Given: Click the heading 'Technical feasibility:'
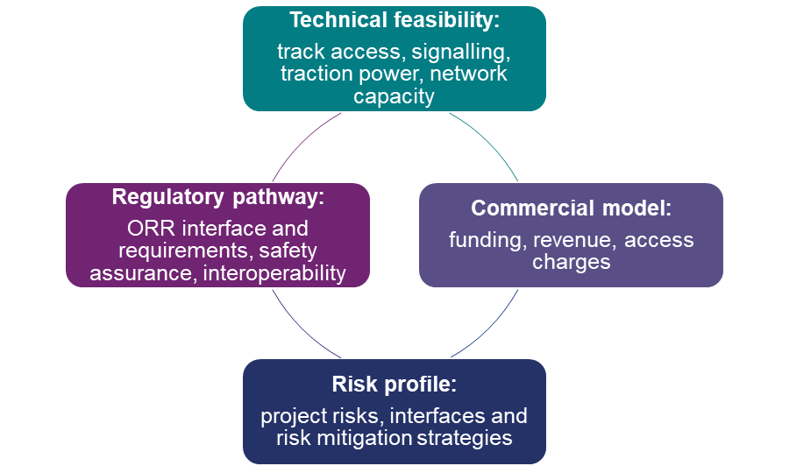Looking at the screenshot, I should [x=394, y=21].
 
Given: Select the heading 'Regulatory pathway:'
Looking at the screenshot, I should [x=218, y=197].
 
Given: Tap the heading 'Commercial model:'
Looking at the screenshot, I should [x=571, y=208].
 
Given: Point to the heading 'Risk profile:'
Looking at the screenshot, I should [x=394, y=385].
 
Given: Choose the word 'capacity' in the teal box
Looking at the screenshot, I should [x=394, y=95].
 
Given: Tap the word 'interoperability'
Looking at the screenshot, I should [x=274, y=273].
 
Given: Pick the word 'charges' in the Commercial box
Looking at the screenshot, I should [x=571, y=262].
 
